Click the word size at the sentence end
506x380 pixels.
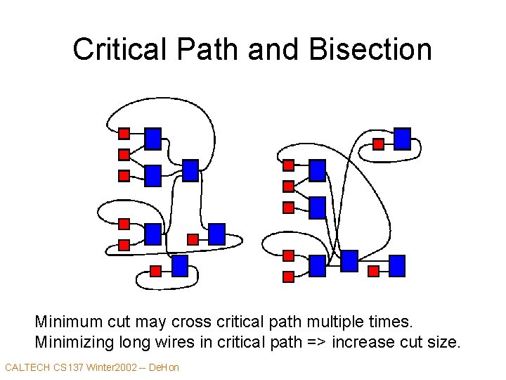[x=444, y=343]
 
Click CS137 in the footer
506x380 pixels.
[x=69, y=367]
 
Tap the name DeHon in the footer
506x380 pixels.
[x=165, y=367]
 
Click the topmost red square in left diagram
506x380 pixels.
[x=124, y=133]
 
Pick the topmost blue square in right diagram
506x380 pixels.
[x=402, y=138]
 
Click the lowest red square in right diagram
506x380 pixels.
[x=288, y=277]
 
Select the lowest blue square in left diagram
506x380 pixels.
[x=180, y=265]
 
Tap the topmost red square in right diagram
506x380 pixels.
[x=378, y=144]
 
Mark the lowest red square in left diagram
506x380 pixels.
[x=156, y=271]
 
